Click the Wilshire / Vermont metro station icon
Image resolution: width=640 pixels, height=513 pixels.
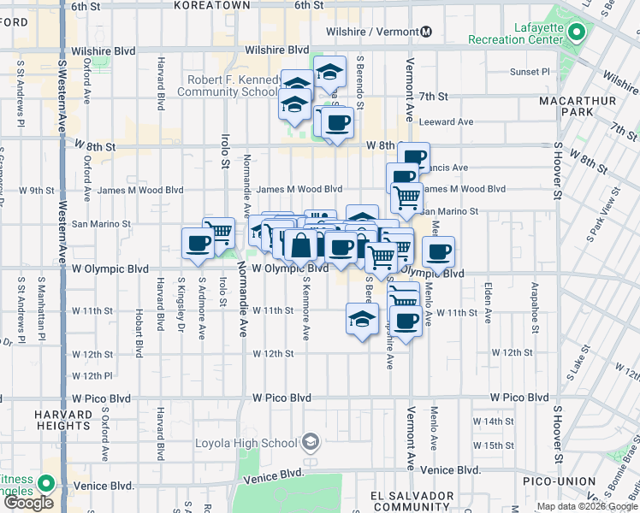click(426, 32)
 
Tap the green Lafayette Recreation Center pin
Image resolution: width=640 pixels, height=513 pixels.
click(577, 34)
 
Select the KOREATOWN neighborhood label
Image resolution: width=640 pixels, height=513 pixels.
click(211, 5)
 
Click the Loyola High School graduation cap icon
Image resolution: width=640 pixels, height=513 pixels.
click(310, 442)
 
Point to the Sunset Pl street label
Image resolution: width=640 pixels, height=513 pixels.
click(530, 72)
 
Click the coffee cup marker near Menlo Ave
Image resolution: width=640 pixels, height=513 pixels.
click(439, 252)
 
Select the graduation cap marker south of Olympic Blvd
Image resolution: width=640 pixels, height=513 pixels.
click(362, 319)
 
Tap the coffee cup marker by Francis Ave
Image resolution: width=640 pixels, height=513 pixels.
click(414, 157)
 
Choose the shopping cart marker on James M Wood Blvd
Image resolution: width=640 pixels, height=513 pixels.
click(406, 197)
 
